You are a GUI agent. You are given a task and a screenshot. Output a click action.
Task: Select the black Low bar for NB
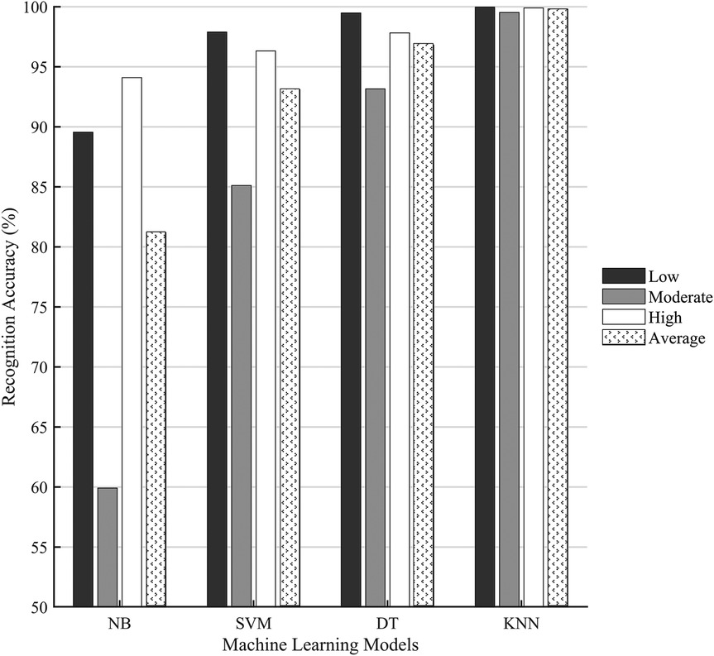pos(83,369)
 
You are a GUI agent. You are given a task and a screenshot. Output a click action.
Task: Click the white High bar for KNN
pos(533,307)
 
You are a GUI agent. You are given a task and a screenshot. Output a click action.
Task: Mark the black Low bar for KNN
pos(485,307)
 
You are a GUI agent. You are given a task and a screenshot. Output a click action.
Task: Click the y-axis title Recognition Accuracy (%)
pos(12,306)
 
